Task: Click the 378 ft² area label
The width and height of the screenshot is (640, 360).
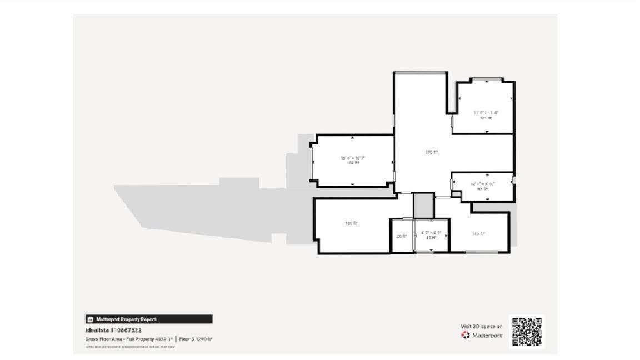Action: point(432,152)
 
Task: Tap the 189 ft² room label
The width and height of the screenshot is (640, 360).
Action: point(352,223)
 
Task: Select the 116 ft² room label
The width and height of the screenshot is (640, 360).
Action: point(478,234)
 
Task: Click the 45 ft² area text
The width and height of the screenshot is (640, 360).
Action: point(431,238)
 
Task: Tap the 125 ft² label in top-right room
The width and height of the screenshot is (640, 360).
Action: point(486,118)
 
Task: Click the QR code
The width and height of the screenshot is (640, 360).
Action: point(527,332)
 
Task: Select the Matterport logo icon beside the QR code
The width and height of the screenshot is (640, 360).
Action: point(466,335)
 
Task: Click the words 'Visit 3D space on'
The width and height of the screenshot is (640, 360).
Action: point(482,326)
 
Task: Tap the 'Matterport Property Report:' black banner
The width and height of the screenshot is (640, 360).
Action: point(148,319)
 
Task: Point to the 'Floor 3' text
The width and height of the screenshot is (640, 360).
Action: point(186,339)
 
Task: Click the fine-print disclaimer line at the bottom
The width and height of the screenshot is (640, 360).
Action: point(130,347)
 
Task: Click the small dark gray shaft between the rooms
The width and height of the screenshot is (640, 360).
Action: point(423,205)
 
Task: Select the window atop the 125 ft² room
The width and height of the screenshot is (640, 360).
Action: point(487,80)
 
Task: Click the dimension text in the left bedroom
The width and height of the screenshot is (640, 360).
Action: point(353,158)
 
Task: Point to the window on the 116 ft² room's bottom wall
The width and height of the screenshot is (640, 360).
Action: point(481,252)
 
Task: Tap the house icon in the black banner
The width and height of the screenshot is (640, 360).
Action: point(90,319)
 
